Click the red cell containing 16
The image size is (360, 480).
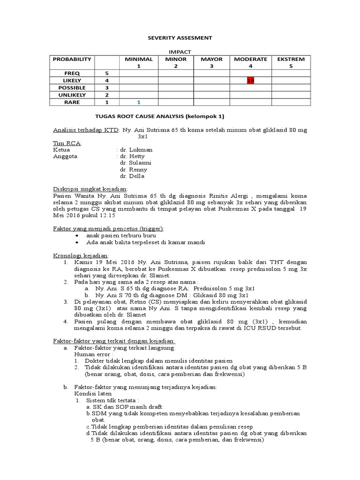coord(250,81)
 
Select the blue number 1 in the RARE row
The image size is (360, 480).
coord(139,102)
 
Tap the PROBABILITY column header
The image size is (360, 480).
coord(72,60)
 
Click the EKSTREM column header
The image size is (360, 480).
coord(291,60)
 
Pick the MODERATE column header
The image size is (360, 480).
coord(250,60)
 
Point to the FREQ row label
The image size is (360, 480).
coord(72,74)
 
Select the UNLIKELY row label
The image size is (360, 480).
coord(72,95)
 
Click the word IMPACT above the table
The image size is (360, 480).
coord(180,52)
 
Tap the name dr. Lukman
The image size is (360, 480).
coord(136,150)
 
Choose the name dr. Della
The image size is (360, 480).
coord(132,176)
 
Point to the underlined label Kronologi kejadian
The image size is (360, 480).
coord(81,256)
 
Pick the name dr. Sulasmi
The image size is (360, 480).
coord(135,163)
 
